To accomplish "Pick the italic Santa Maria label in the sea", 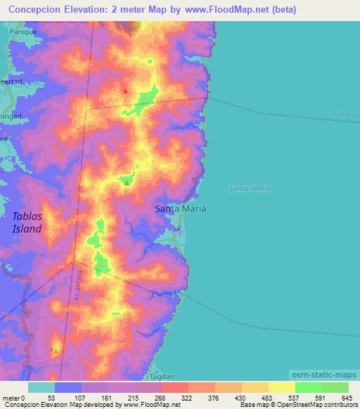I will (250, 188).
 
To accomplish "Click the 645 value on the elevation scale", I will (347, 398).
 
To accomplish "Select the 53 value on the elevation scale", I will (51, 398).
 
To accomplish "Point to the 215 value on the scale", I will (133, 398).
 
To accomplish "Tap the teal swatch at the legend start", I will (41, 387).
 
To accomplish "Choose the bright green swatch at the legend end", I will (335, 387).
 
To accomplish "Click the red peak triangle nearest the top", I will (125, 90).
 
